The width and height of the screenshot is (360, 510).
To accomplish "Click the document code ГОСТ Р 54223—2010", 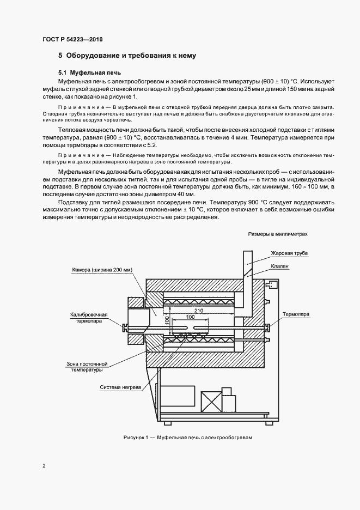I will click(x=72, y=39).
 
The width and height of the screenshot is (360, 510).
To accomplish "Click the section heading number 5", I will click(x=60, y=56).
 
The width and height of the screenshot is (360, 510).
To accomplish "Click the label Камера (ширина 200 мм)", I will click(x=102, y=270).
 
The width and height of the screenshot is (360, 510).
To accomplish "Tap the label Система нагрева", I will click(x=120, y=387).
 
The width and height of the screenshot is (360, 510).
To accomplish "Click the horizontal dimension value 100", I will click(x=190, y=317).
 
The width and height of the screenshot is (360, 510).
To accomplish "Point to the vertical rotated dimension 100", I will click(x=168, y=323).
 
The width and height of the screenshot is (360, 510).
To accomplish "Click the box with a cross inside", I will click(x=210, y=402).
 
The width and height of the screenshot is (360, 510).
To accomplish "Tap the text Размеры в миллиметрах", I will click(x=278, y=234).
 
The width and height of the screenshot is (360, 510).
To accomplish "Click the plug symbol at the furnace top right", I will click(x=270, y=284).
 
